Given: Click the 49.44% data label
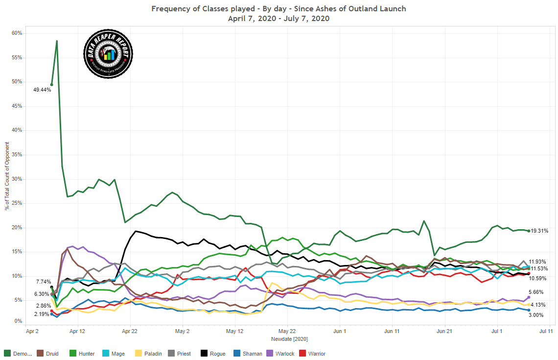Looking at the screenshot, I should click(x=42, y=90).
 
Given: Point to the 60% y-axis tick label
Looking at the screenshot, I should click(x=17, y=33).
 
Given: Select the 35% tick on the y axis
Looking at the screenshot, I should click(x=17, y=155).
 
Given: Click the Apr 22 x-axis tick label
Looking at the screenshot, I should click(x=130, y=331).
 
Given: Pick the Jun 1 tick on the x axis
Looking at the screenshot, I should click(x=340, y=331).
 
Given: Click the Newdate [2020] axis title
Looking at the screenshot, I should click(x=289, y=339).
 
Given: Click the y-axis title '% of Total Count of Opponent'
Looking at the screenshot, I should click(x=7, y=175).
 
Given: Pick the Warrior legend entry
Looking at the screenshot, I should click(x=313, y=354).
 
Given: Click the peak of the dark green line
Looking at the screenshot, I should click(x=57, y=41).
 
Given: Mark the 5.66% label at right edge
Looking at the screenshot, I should click(x=536, y=292).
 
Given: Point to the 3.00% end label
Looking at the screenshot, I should click(x=536, y=315).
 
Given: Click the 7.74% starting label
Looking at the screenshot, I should click(x=43, y=282).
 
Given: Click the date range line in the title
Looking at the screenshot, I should click(x=279, y=19).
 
